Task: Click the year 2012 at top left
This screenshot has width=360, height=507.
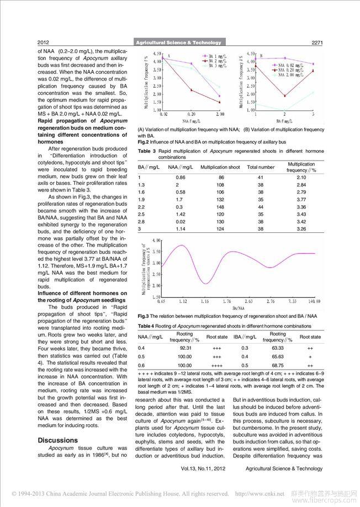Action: (x=44, y=42)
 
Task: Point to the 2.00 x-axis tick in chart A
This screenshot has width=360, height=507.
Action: (x=219, y=113)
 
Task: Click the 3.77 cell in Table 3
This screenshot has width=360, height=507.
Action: (x=301, y=199)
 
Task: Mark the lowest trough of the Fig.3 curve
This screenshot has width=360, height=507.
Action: (x=205, y=284)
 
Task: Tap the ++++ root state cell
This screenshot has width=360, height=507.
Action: (x=216, y=365)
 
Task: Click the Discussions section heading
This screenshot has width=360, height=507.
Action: (x=57, y=440)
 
